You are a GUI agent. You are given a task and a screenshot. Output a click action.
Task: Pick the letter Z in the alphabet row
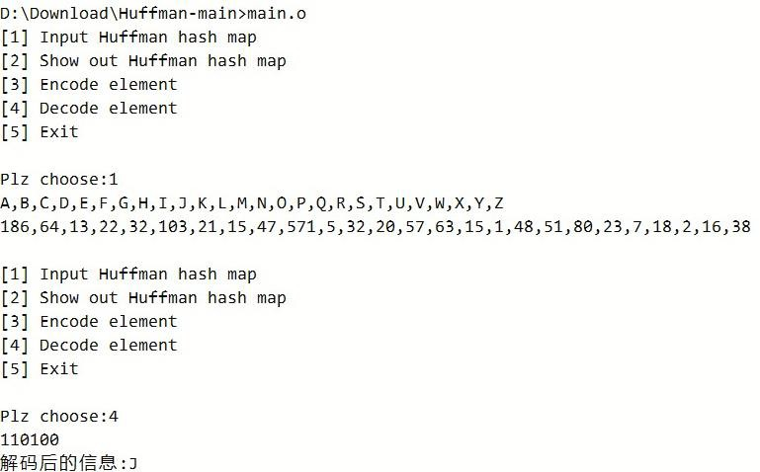click(x=499, y=202)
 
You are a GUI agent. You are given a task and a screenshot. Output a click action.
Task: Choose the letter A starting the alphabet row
click(x=5, y=202)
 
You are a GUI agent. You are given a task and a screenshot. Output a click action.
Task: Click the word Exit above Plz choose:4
click(x=58, y=368)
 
